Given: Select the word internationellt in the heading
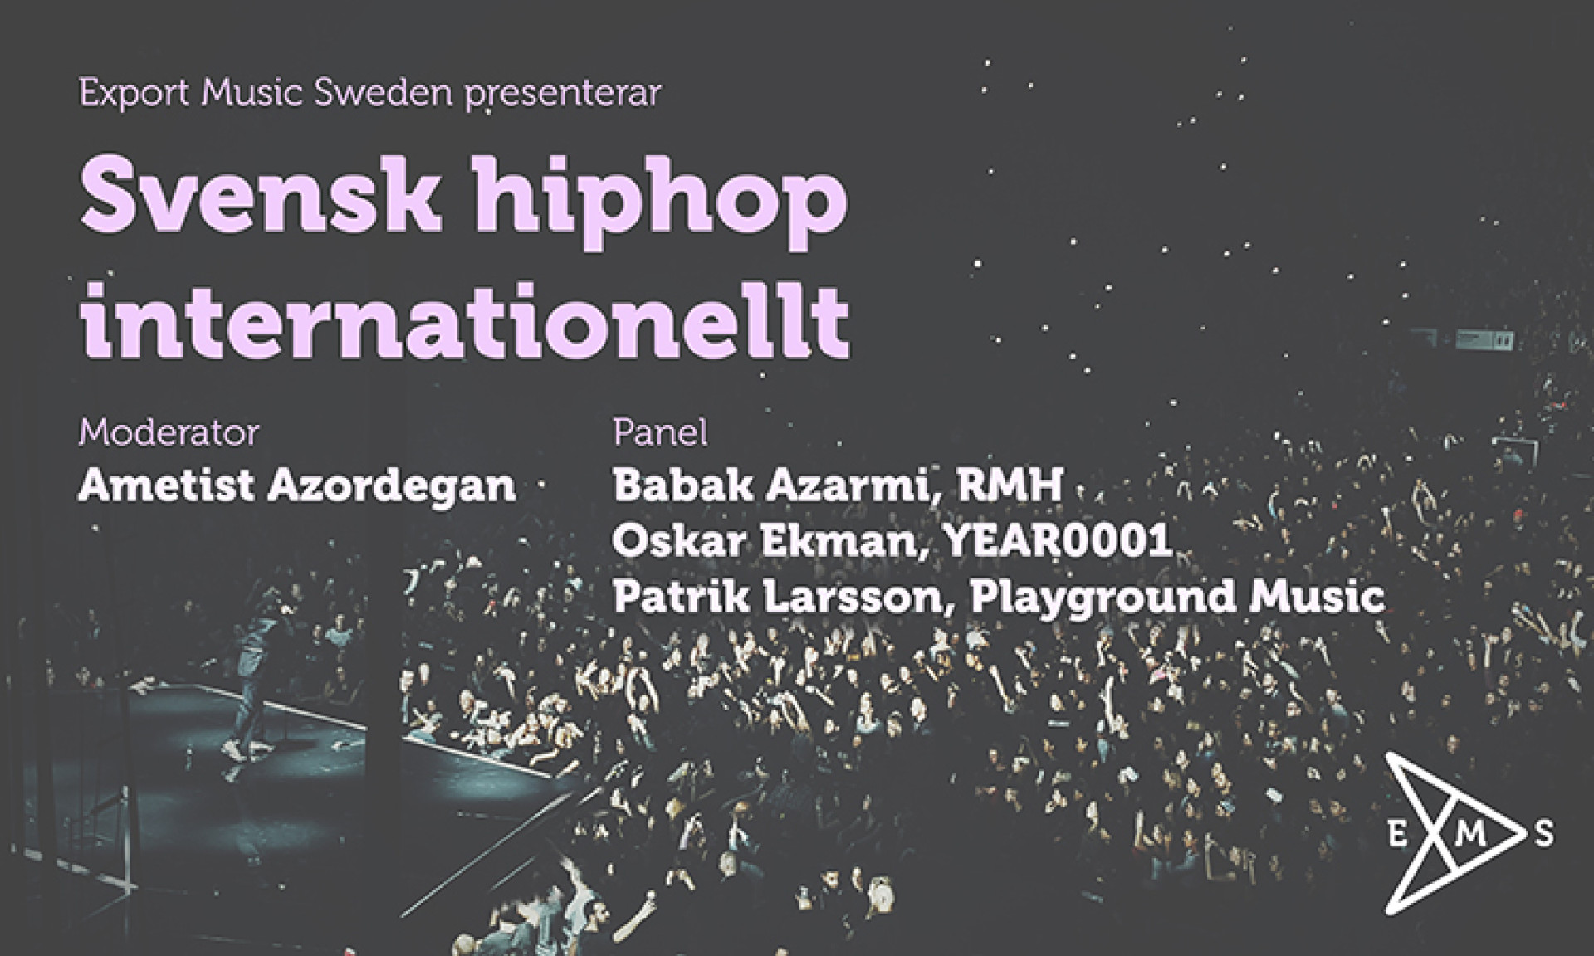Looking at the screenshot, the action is (464, 315).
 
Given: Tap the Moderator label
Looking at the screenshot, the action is (169, 432).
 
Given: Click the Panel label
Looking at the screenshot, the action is (660, 432).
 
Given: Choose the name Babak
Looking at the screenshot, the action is (682, 486).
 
